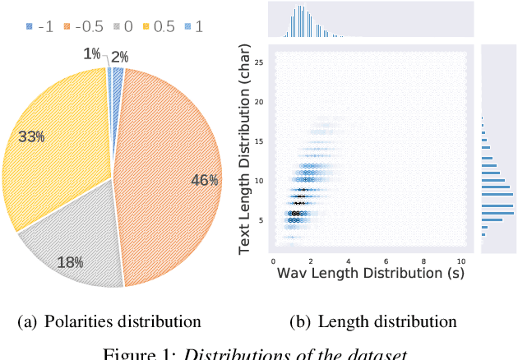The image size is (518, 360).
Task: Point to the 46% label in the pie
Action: (205, 181)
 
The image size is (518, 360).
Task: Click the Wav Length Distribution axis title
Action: (368, 271)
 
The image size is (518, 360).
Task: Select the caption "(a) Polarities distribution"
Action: (109, 321)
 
